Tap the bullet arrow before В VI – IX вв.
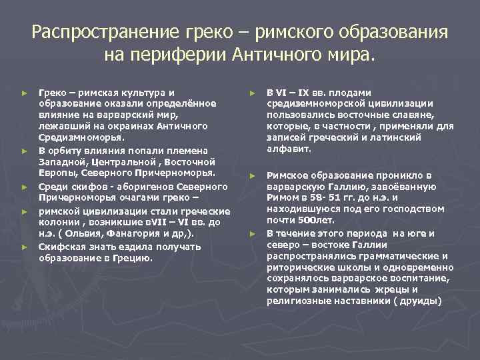click(x=253, y=93)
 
